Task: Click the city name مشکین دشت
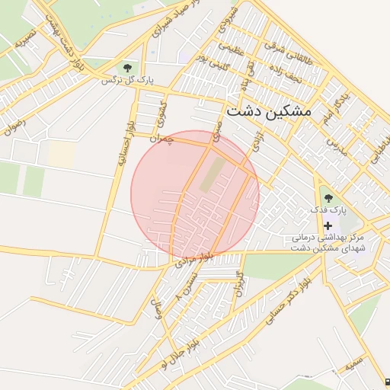(270, 111)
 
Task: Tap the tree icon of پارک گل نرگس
(126, 68)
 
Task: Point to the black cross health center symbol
(328, 226)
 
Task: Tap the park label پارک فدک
(328, 209)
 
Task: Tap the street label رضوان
(14, 127)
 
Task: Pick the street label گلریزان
(238, 283)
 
